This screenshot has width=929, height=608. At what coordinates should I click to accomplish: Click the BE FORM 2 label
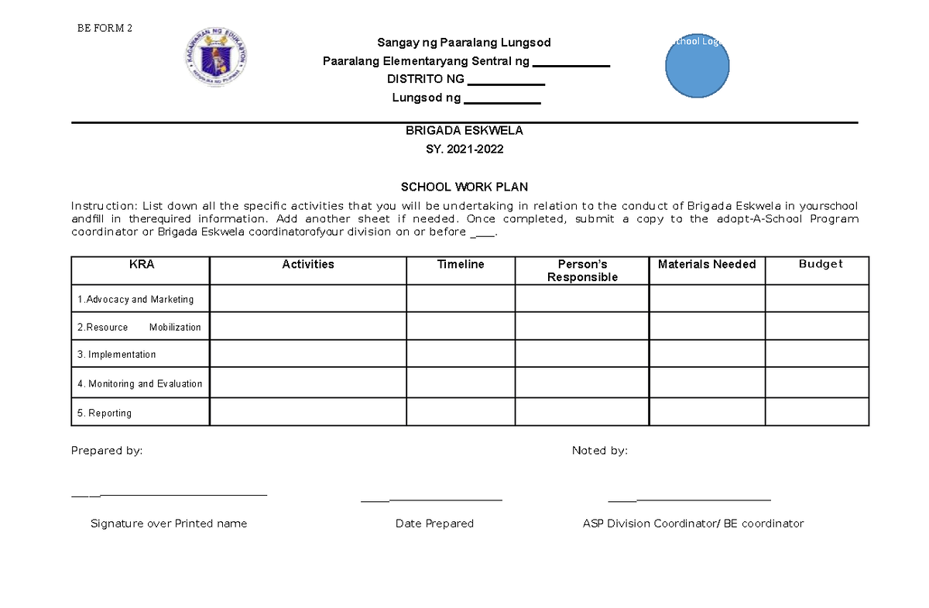[x=105, y=29]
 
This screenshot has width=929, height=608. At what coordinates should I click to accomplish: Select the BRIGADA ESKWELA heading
[x=464, y=131]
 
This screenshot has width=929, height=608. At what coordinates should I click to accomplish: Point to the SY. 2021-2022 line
[x=464, y=149]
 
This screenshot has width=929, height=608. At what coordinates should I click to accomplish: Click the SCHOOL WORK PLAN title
[x=464, y=187]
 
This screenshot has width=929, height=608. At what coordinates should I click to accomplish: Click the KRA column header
[x=142, y=264]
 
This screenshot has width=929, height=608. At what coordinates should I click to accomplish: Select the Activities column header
[x=308, y=264]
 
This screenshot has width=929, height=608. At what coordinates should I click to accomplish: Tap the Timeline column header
[x=461, y=264]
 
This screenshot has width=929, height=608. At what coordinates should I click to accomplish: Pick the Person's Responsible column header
[x=582, y=270]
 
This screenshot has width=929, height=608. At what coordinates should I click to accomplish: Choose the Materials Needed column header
[x=707, y=264]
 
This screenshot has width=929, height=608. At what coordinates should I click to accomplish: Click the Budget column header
[x=820, y=264]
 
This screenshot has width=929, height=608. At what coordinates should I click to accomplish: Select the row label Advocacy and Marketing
[x=135, y=299]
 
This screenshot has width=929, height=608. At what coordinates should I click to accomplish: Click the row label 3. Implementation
[x=116, y=354]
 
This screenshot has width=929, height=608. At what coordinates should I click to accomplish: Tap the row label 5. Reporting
[x=105, y=413]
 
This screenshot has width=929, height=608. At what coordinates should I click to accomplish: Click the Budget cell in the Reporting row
[x=817, y=412]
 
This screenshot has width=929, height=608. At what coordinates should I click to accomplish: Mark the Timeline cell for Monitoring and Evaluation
[x=461, y=383]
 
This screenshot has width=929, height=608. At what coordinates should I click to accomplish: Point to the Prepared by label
[x=107, y=451]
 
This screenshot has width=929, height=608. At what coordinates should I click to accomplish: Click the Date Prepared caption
[x=434, y=524]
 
